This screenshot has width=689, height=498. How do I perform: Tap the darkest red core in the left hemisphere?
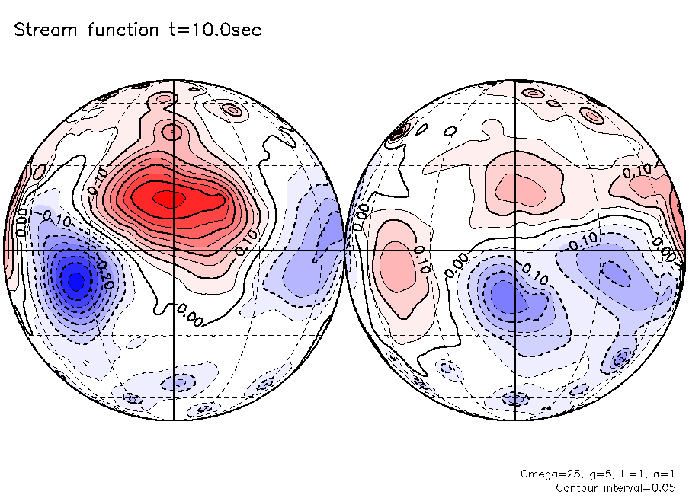click(x=168, y=199)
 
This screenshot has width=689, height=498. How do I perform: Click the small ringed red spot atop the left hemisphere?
click(x=232, y=110)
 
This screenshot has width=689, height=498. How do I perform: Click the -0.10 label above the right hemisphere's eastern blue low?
click(x=583, y=239)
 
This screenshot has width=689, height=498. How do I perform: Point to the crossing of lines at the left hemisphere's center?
click(x=175, y=250)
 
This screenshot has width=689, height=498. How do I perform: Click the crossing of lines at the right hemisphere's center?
click(x=516, y=250)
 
